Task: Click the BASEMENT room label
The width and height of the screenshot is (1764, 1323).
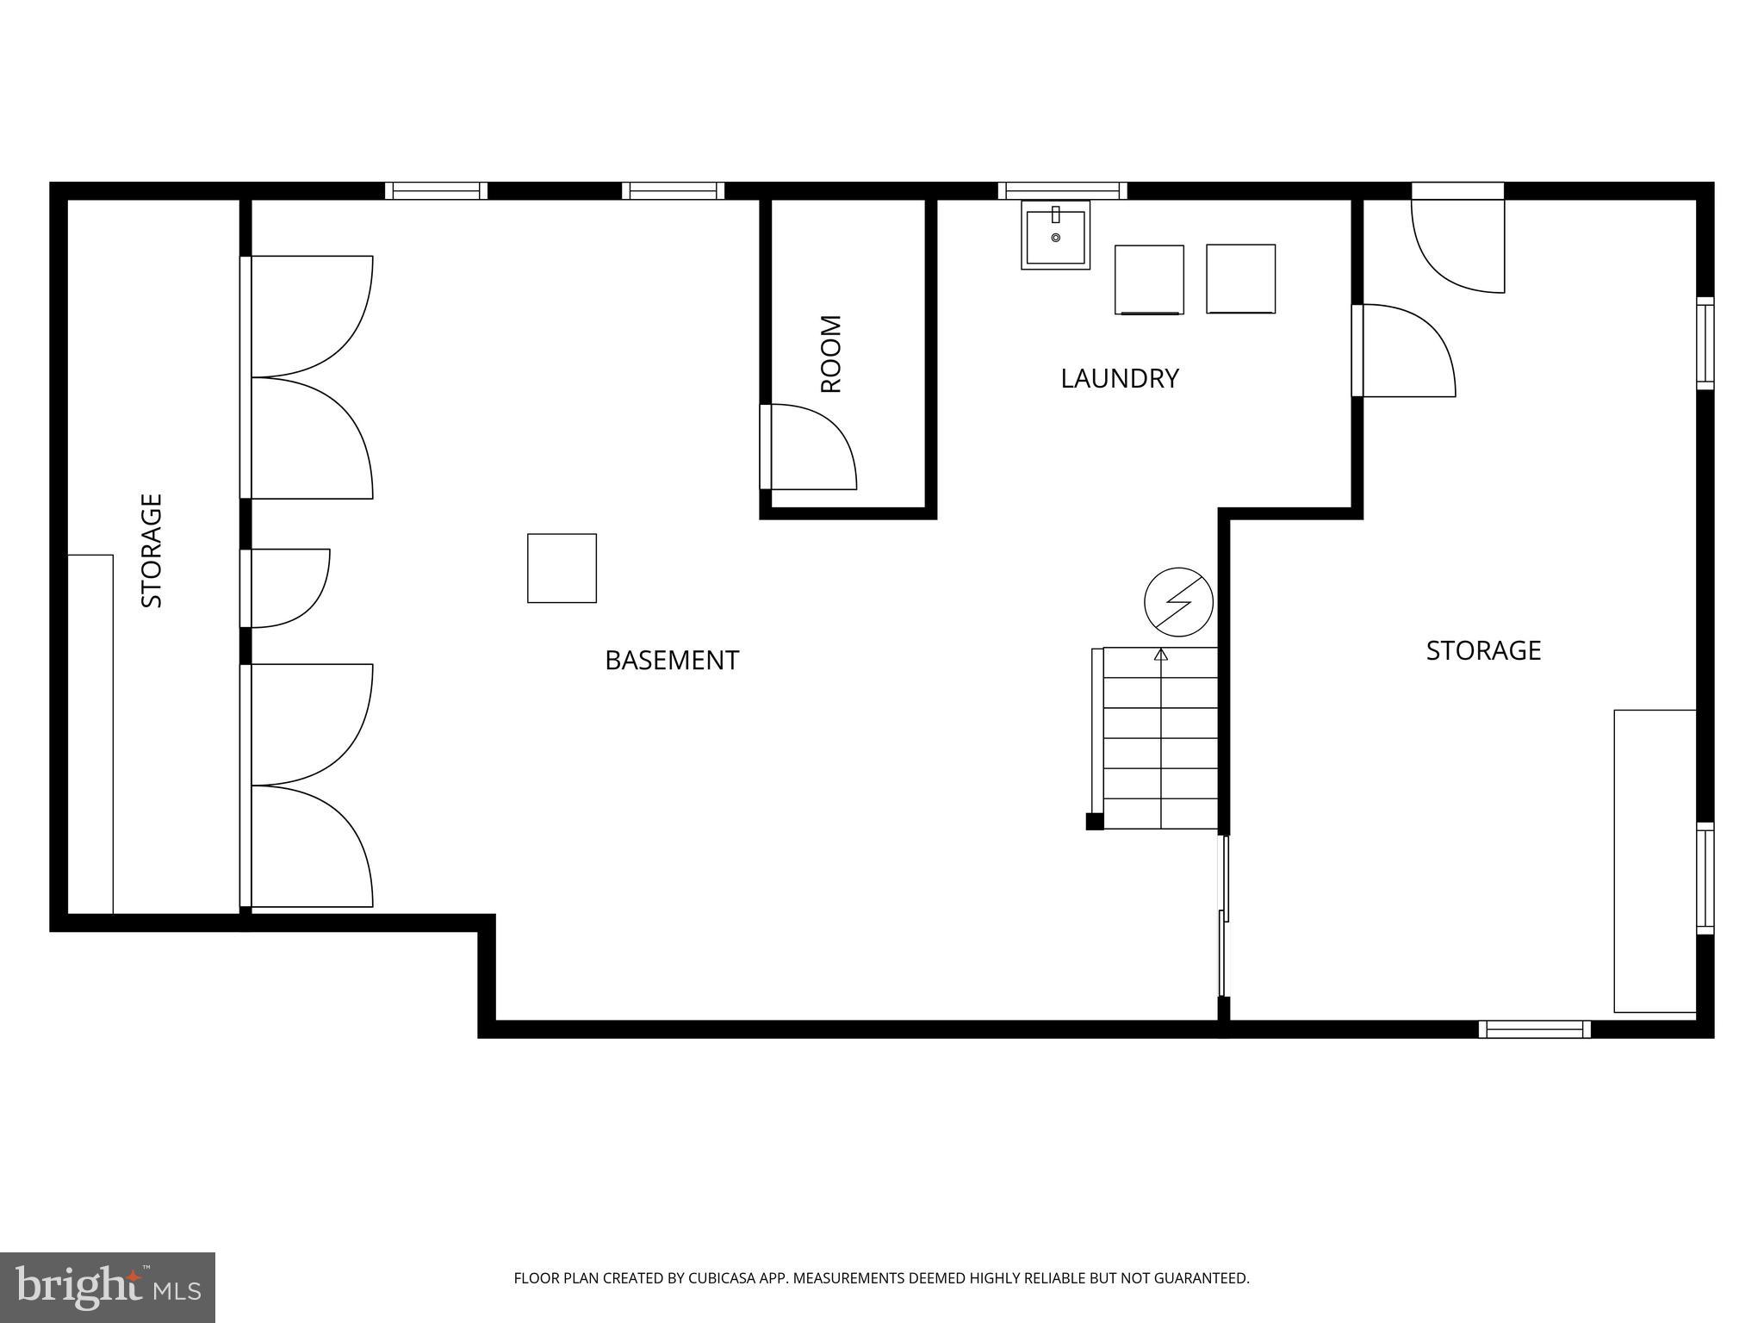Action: tap(672, 661)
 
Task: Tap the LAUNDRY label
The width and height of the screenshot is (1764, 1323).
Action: tap(1119, 379)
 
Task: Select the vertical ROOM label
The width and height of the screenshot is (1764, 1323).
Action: tap(830, 354)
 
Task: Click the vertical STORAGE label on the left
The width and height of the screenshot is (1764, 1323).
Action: tap(152, 550)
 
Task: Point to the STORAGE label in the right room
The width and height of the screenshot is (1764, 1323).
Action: tap(1483, 650)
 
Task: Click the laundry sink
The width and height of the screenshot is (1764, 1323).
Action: tap(1055, 235)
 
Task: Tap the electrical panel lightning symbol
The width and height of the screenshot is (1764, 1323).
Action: tap(1178, 602)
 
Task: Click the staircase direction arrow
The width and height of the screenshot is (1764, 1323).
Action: tap(1160, 655)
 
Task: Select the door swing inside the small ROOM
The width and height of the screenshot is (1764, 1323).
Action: tap(810, 447)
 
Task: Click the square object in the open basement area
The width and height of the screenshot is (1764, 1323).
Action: tap(562, 568)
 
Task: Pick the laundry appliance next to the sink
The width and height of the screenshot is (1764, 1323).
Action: tap(1149, 280)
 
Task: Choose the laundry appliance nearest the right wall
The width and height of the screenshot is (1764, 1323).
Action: tap(1240, 279)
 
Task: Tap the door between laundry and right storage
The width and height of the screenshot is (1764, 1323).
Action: tap(1404, 351)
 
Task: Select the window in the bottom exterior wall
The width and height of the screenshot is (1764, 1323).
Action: tap(1534, 1028)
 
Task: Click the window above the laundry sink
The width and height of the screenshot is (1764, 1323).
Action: tap(1062, 190)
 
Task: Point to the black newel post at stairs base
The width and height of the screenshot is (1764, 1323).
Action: tap(1094, 822)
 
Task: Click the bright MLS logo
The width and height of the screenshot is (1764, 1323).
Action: tap(107, 1287)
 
